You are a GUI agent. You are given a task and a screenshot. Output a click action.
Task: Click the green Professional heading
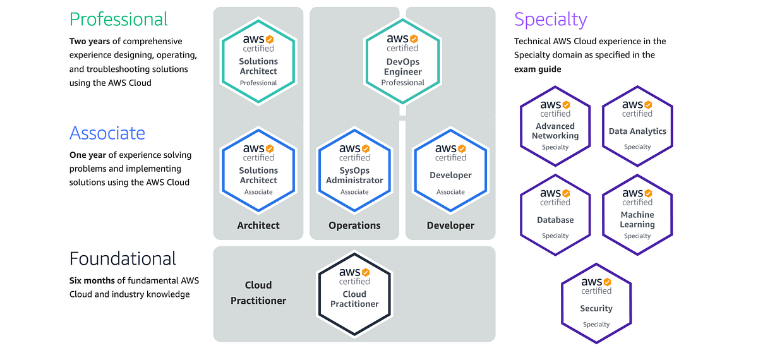click(x=119, y=20)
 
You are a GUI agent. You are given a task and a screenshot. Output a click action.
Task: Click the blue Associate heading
click(x=107, y=133)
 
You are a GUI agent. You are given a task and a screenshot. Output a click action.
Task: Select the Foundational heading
click(x=123, y=259)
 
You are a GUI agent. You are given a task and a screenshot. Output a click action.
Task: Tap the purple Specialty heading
click(x=550, y=20)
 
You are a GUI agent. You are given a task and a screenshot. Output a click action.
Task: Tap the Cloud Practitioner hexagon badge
click(x=354, y=294)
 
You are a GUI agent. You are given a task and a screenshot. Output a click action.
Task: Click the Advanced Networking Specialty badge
click(x=555, y=126)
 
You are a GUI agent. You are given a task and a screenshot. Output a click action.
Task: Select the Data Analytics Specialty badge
click(x=637, y=126)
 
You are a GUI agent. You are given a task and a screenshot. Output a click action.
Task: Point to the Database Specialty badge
click(x=555, y=215)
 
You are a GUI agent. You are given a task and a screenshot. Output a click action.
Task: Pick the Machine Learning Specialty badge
click(x=637, y=215)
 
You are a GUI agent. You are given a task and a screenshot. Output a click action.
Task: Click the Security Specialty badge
click(x=596, y=303)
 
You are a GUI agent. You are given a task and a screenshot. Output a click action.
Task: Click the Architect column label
click(x=258, y=225)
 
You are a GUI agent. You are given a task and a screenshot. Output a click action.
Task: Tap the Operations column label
click(x=354, y=225)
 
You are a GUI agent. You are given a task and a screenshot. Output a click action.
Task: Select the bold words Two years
click(x=90, y=42)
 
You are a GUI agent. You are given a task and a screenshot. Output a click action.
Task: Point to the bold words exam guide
click(x=538, y=69)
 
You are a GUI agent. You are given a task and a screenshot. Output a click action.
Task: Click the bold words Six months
click(x=92, y=280)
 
